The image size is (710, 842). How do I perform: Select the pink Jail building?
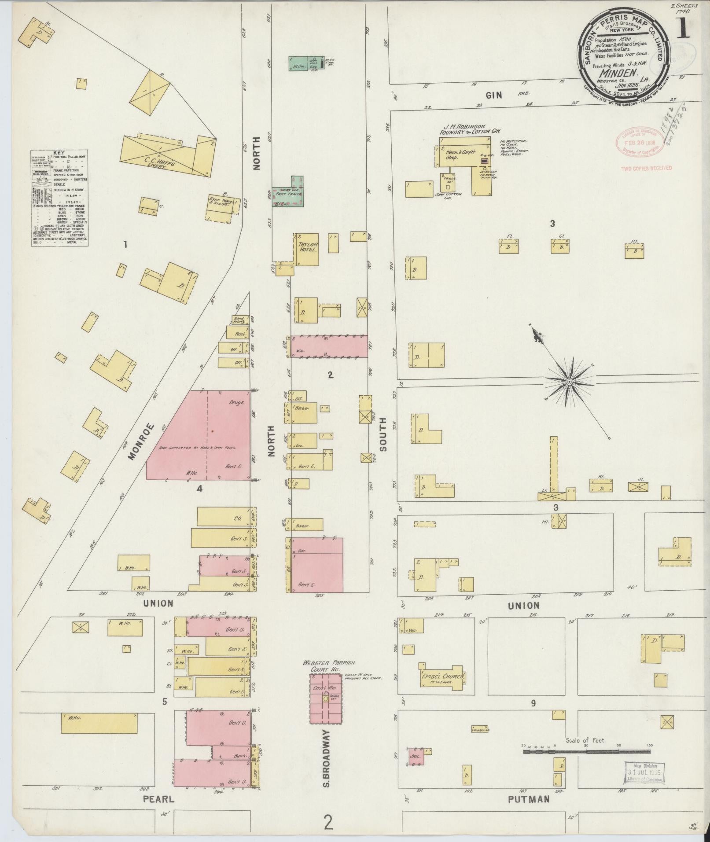coord(416,756)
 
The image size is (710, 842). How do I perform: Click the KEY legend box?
coord(59,198)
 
